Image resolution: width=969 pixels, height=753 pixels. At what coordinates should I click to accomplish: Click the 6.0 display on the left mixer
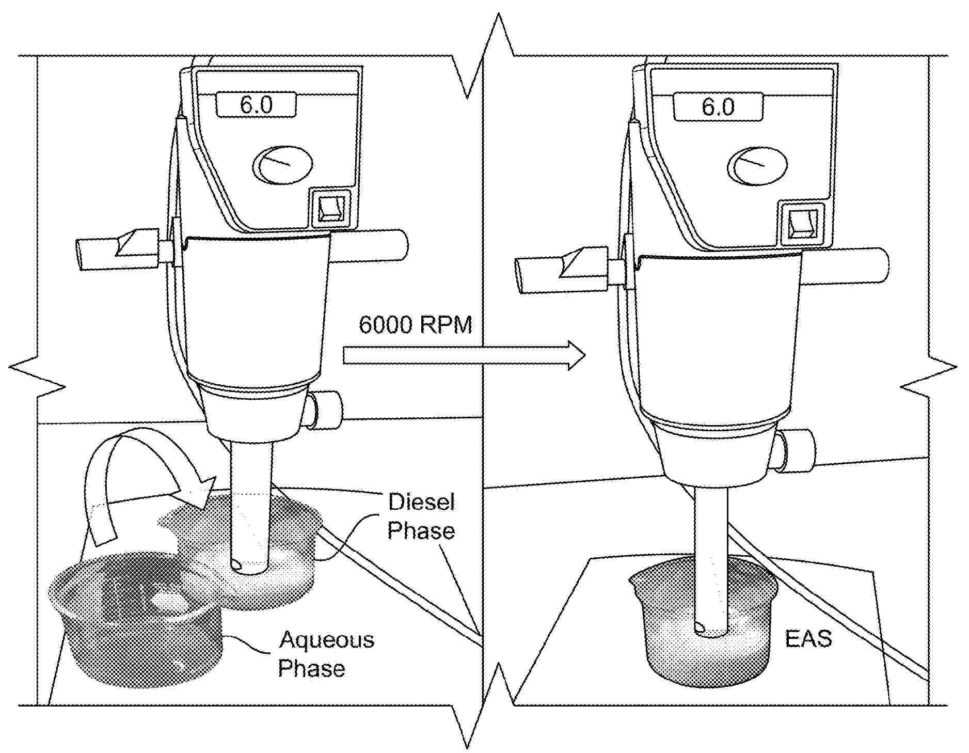(256, 105)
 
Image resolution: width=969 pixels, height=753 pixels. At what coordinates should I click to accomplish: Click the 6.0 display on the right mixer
(718, 107)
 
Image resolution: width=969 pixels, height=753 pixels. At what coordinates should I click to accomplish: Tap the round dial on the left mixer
(283, 165)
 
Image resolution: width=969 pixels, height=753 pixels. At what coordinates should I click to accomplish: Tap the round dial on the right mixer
(758, 166)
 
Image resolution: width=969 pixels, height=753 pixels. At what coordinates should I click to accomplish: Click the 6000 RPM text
(415, 325)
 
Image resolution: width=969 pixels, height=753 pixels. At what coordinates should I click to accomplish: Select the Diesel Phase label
(421, 516)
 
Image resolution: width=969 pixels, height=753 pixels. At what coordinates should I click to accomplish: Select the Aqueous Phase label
(326, 654)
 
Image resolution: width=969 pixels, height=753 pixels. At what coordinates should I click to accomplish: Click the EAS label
(808, 639)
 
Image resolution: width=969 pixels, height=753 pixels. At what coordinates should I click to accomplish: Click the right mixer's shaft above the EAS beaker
(710, 542)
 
